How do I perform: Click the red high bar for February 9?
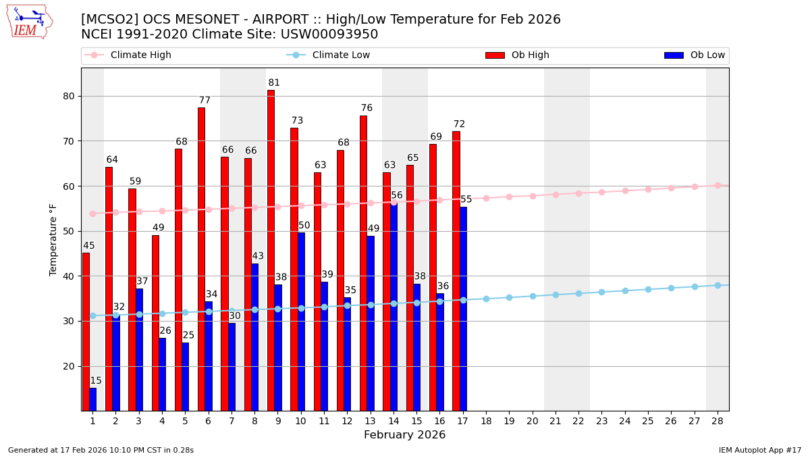pyautogui.click(x=271, y=250)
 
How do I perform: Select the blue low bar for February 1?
pyautogui.click(x=92, y=399)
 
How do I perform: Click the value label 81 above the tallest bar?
pyautogui.click(x=274, y=83)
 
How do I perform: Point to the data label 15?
pyautogui.click(x=96, y=381)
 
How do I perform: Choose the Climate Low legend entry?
pyautogui.click(x=337, y=55)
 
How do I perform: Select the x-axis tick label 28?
pyautogui.click(x=718, y=421)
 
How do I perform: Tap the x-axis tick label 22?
pyautogui.click(x=578, y=421)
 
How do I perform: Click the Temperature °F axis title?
pyautogui.click(x=54, y=239)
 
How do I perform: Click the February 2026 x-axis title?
pyautogui.click(x=405, y=435)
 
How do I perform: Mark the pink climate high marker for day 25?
pyautogui.click(x=648, y=189)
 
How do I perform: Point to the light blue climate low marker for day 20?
pyautogui.click(x=533, y=296)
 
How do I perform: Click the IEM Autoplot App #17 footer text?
pyautogui.click(x=760, y=450)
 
